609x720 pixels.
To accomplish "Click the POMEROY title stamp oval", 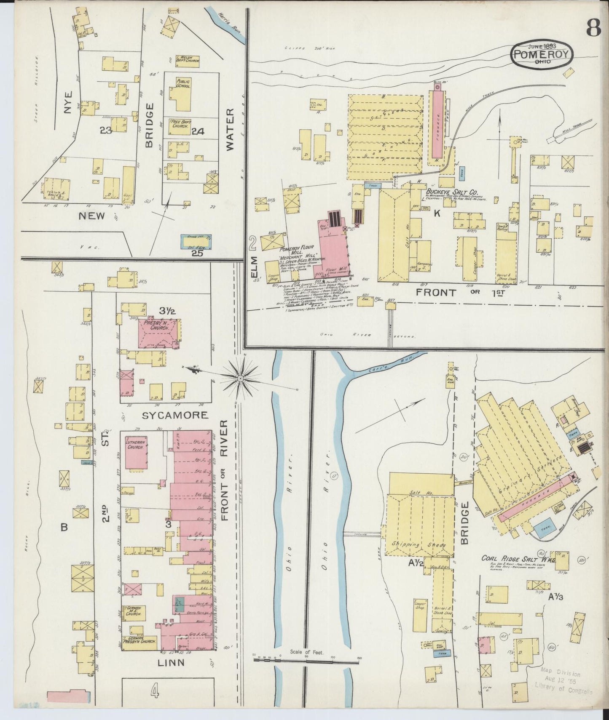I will point(542,54).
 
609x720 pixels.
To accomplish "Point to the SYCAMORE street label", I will point(175,415).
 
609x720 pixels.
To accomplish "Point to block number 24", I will point(198,131).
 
